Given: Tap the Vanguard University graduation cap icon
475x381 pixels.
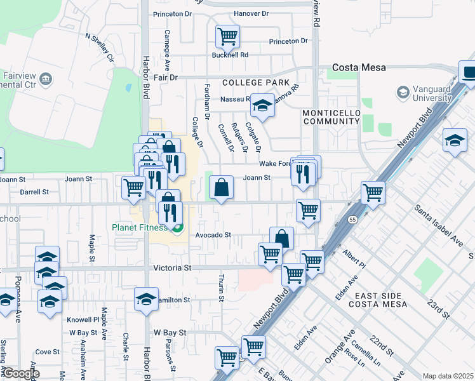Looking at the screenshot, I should point(403,93).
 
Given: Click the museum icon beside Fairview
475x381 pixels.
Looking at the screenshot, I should point(45,79).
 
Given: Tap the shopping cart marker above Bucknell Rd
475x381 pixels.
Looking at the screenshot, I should point(227,36).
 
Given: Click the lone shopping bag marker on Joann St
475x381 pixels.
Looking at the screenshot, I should point(220,188).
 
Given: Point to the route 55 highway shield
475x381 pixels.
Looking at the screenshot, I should point(352,219).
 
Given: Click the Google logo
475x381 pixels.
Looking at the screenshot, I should point(20,373).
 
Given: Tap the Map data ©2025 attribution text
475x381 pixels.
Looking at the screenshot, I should point(448,376).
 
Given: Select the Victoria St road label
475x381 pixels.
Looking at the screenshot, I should point(172,269).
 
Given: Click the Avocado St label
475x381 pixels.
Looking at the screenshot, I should point(212,235).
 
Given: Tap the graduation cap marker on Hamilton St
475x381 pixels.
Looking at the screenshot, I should point(146,298).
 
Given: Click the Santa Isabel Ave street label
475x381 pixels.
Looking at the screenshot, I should point(438,224).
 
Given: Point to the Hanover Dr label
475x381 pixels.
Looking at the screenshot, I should point(234,13).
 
